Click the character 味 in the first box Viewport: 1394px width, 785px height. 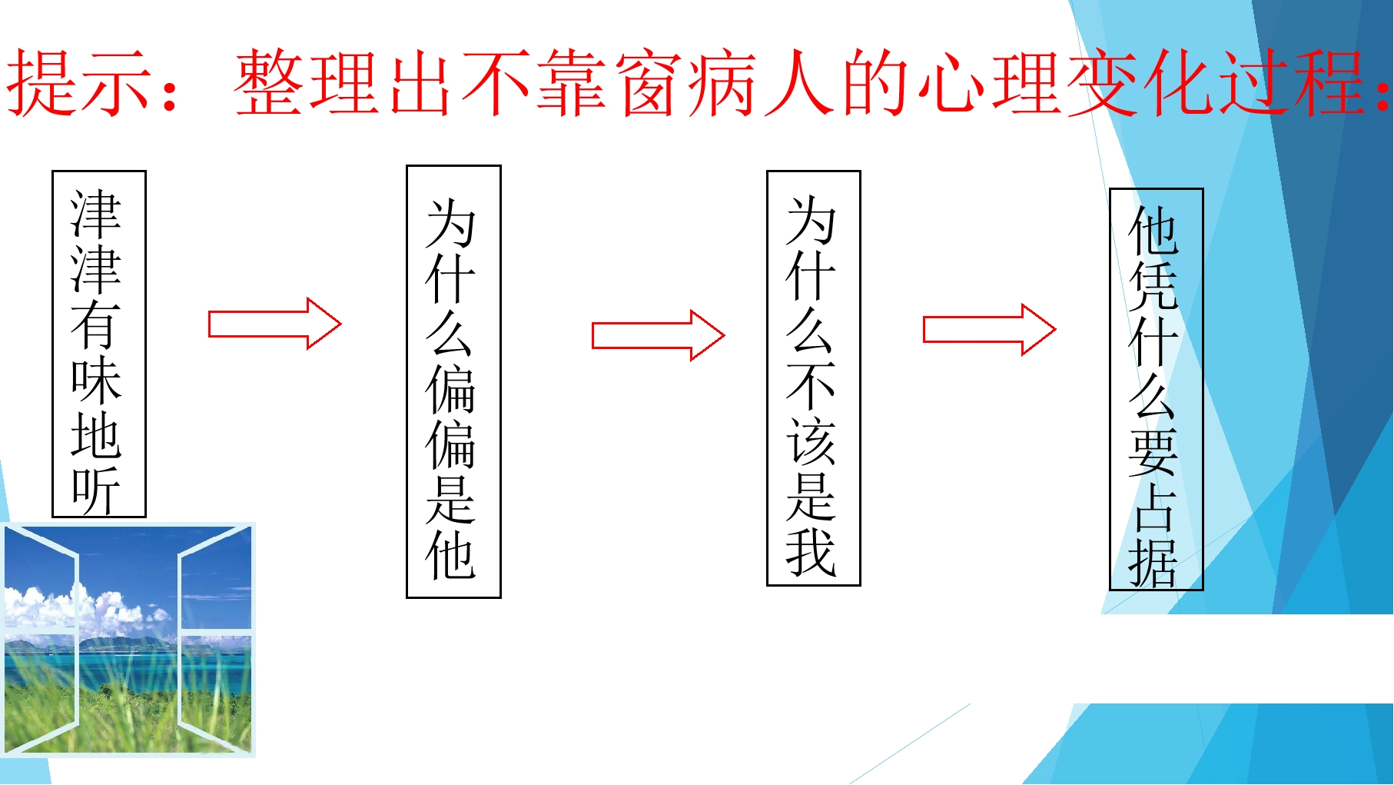pos(96,380)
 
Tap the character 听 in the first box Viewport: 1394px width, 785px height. pos(96,490)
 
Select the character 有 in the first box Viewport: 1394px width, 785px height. pos(96,325)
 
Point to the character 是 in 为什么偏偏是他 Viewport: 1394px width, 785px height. pos(451,500)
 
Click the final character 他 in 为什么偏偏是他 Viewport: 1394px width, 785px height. pos(451,555)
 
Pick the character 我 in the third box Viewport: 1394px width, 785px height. pos(812,551)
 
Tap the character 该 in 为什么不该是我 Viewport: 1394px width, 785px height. pos(812,442)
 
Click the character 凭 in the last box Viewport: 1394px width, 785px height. pos(1153,286)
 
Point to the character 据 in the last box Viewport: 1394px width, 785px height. pos(1153,562)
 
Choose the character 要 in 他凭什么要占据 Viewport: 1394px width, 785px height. pos(1153,452)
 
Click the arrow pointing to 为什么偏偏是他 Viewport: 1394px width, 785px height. pos(274,324)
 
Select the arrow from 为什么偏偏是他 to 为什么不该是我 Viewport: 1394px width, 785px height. pos(658,335)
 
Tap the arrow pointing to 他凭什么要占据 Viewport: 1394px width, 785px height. pos(989,330)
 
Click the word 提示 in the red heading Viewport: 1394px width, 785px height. pos(78,83)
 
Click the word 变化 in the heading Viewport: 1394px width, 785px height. pos(1140,83)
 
